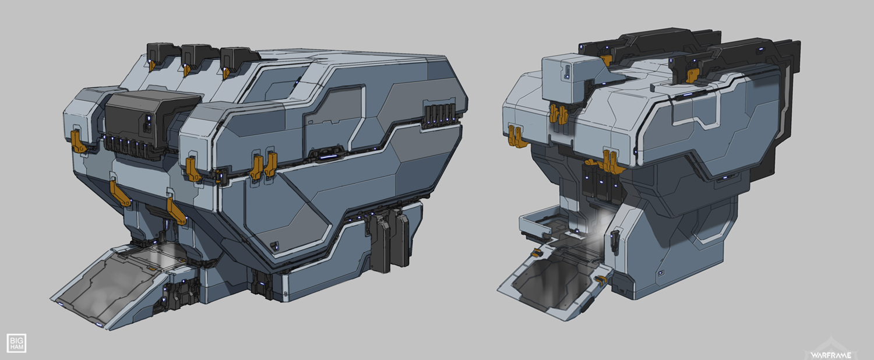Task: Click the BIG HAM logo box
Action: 16,343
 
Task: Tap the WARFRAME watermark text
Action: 831,355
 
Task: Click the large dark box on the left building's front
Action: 152,118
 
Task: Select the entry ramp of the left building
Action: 117,285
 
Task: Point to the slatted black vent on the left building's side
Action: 439,113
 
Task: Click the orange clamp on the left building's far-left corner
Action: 78,141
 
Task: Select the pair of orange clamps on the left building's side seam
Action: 264,165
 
